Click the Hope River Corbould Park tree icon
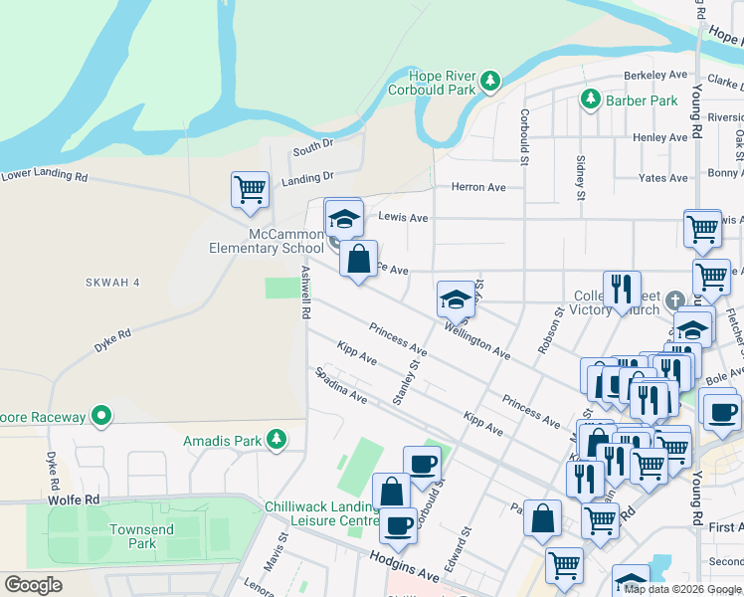click(489, 81)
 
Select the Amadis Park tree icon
click(279, 439)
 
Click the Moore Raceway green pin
click(101, 417)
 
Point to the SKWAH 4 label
click(110, 283)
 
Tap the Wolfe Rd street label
click(79, 498)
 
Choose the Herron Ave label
click(478, 187)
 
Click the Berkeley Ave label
click(655, 76)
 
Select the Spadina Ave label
click(341, 386)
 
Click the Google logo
click(33, 585)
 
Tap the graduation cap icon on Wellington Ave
click(456, 298)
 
